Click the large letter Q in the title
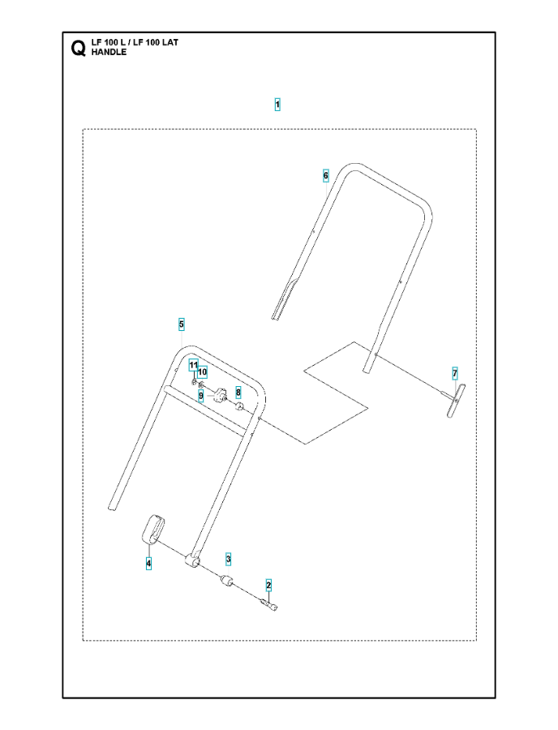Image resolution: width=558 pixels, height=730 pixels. (x=78, y=49)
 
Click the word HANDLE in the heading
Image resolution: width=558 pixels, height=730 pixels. (x=109, y=52)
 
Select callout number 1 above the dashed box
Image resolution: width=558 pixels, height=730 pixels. (x=277, y=105)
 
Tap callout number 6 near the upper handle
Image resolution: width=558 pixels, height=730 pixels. (x=326, y=175)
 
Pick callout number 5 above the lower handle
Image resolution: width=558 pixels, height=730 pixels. (x=182, y=324)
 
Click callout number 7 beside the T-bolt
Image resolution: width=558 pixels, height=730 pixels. (x=455, y=373)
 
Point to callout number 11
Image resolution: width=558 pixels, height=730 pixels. (x=194, y=365)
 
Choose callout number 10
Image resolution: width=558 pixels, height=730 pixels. (x=203, y=372)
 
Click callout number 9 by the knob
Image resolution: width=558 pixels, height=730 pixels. (x=201, y=396)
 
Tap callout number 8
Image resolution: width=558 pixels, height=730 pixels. (x=238, y=393)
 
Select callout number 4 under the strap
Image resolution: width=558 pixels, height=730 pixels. (x=148, y=564)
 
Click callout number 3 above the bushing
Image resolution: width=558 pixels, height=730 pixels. (x=228, y=559)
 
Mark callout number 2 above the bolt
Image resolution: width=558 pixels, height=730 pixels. (x=268, y=585)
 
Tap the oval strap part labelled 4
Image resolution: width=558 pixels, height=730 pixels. (x=150, y=530)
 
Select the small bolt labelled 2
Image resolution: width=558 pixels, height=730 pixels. (x=270, y=605)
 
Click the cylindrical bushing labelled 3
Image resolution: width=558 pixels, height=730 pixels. (x=226, y=582)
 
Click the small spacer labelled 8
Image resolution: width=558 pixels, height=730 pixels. (x=240, y=408)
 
